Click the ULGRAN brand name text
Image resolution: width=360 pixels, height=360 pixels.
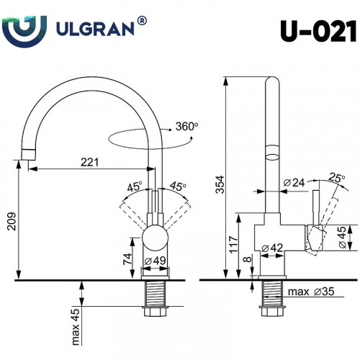(x=94, y=30)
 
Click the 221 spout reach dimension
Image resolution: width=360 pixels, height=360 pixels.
(x=89, y=162)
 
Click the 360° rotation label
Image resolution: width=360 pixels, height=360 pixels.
(x=186, y=126)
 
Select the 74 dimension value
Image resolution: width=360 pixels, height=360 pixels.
(x=127, y=257)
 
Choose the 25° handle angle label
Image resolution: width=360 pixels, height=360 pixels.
(x=336, y=178)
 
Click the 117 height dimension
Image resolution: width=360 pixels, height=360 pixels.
(x=233, y=244)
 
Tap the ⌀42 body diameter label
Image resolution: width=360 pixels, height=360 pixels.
(x=271, y=248)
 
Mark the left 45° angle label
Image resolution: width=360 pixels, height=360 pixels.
(x=134, y=186)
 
